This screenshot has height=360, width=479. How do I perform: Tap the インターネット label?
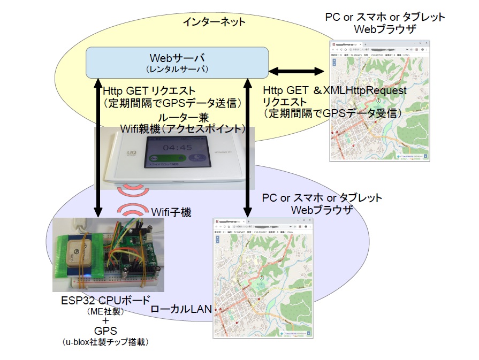coord(214,22)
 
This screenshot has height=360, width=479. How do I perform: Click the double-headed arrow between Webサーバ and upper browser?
coord(296,71)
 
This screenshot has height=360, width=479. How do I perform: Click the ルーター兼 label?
coord(187,117)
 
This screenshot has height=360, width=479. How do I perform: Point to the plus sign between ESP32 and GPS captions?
coord(105,320)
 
